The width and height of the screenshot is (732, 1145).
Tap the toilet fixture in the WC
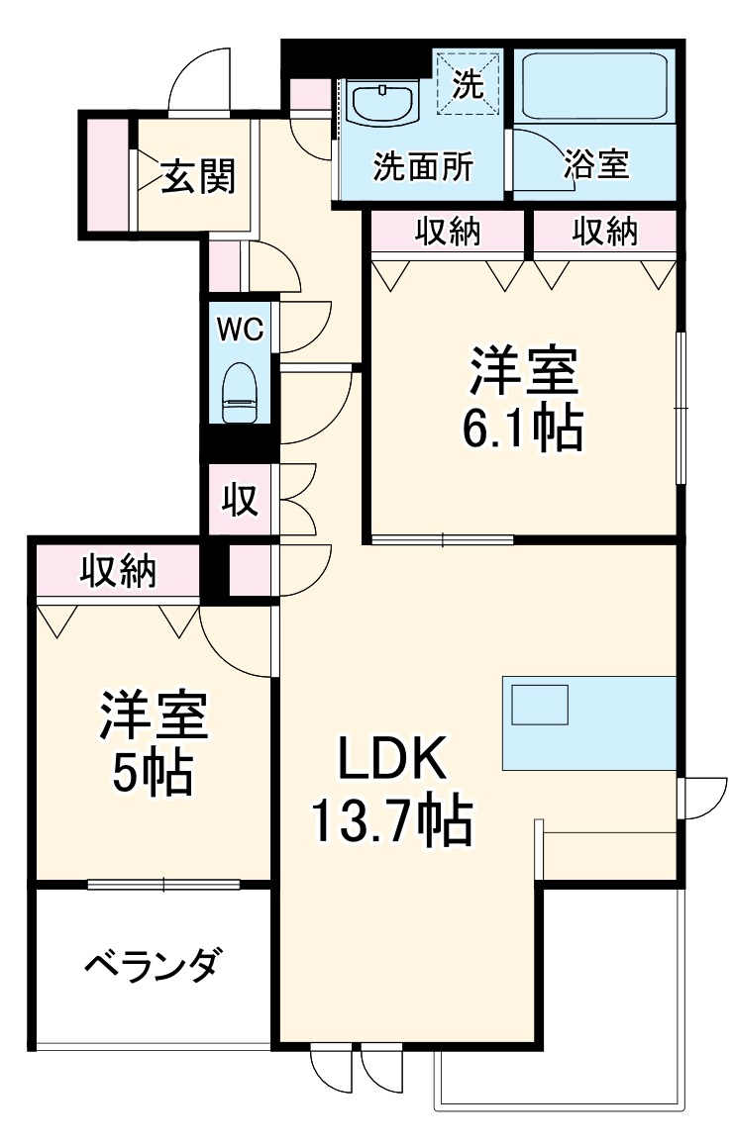tap(238, 393)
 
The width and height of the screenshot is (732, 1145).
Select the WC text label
tap(240, 330)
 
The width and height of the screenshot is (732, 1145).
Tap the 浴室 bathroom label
tap(596, 164)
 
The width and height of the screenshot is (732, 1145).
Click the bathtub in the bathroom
tap(595, 85)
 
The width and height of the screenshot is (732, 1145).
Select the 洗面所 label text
tap(422, 166)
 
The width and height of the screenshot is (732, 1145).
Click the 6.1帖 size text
tap(521, 429)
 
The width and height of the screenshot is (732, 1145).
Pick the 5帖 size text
tap(151, 773)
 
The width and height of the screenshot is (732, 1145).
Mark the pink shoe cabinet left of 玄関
tap(106, 175)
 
